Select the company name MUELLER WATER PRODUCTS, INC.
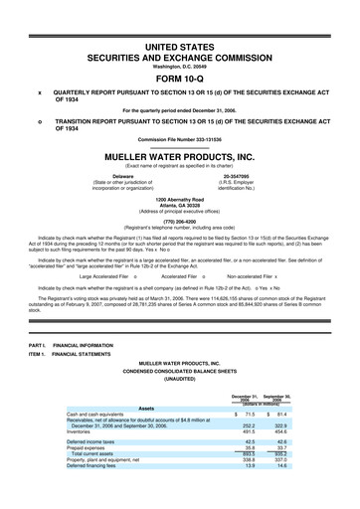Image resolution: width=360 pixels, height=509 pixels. (x=180, y=156)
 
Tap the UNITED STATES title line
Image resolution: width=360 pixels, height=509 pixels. (x=180, y=20)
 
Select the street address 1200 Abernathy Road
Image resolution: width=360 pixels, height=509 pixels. (x=180, y=201)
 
